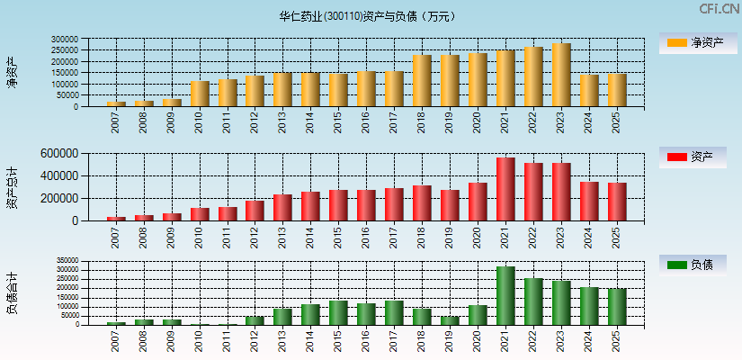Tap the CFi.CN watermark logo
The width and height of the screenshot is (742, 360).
pyautogui.click(x=719, y=9)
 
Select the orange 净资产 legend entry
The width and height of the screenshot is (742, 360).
pyautogui.click(x=693, y=42)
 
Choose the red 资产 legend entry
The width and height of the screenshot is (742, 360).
pyautogui.click(x=693, y=157)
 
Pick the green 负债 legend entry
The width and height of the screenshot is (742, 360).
pyautogui.click(x=693, y=265)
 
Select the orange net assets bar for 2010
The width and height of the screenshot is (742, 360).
pyautogui.click(x=199, y=94)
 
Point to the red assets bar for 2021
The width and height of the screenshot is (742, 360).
pyautogui.click(x=505, y=190)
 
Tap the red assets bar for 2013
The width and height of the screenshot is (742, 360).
pyautogui.click(x=282, y=208)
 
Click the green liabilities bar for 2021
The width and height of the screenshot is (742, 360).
pyautogui.click(x=505, y=296)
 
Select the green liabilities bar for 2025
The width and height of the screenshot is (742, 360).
pyautogui.click(x=617, y=307)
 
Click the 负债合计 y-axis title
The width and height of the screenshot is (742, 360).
pyautogui.click(x=13, y=292)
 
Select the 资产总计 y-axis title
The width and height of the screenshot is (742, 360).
pyautogui.click(x=13, y=187)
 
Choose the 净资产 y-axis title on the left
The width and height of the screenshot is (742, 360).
pyautogui.click(x=13, y=72)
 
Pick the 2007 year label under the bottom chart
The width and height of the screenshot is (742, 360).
pyautogui.click(x=116, y=340)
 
